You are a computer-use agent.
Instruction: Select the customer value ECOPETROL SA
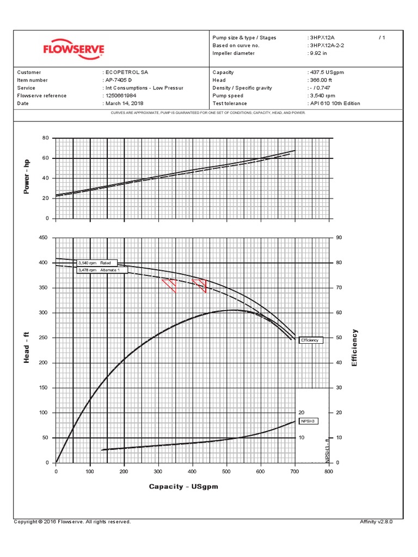pyautogui.click(x=126, y=72)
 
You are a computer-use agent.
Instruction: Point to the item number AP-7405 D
pyautogui.click(x=119, y=80)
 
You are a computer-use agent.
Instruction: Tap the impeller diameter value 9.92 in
pyautogui.click(x=319, y=53)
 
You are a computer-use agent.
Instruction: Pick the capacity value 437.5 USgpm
pyautogui.click(x=326, y=72)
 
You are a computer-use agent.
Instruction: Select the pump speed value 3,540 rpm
pyautogui.click(x=323, y=96)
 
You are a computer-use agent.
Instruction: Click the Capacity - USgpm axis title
pyautogui.click(x=183, y=486)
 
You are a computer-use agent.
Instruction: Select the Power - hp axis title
pyautogui.click(x=26, y=177)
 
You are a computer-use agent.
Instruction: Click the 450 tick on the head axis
pyautogui.click(x=44, y=238)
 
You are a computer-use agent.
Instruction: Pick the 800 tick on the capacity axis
pyautogui.click(x=328, y=472)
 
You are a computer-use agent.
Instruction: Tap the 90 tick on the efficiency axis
pyautogui.click(x=339, y=238)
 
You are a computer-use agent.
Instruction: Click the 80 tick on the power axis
pyautogui.click(x=46, y=138)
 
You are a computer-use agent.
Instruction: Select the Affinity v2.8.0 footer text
pyautogui.click(x=376, y=522)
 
